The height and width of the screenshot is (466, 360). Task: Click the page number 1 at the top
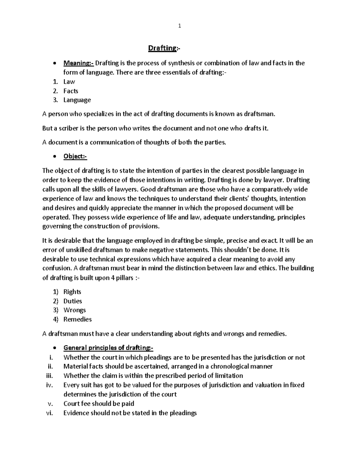pos(179,26)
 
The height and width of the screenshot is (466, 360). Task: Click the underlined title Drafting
pos(162,48)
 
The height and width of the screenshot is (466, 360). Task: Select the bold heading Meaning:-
pos(78,63)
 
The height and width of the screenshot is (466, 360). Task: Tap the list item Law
pos(69,82)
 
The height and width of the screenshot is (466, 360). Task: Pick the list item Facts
pos(70,91)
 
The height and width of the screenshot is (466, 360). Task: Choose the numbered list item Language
pos(77,100)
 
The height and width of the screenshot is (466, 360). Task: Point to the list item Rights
pos(72,292)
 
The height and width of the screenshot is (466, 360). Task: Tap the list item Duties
pos(73,301)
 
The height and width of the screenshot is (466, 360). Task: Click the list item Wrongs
pos(74,310)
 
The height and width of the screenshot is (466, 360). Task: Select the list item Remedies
pos(77,319)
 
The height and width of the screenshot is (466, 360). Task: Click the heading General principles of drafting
pos(108,348)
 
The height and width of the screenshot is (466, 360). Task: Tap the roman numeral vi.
pos(49,413)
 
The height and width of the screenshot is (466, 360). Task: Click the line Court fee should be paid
pos(99,404)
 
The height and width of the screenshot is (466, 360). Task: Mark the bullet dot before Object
pos(54,157)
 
